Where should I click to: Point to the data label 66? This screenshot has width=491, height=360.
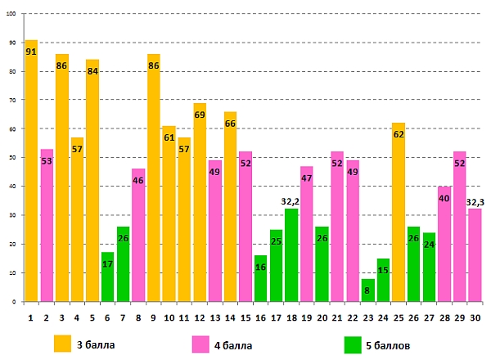231,124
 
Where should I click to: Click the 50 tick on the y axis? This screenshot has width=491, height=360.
11,158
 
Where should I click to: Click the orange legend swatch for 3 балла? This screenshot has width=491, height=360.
62,342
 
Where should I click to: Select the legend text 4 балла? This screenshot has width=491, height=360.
233,344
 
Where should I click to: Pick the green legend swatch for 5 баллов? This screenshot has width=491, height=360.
353,342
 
